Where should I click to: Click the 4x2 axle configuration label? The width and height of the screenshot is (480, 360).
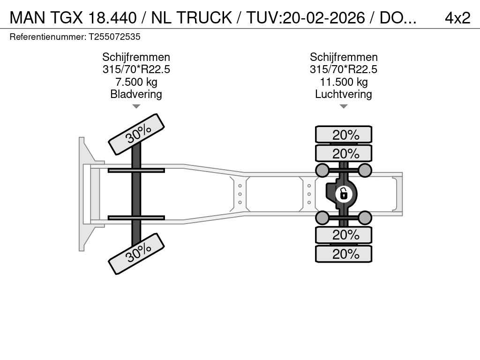(x=457, y=18)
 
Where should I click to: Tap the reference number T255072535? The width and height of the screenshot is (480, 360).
(x=114, y=37)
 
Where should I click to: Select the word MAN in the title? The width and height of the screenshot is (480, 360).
(x=28, y=18)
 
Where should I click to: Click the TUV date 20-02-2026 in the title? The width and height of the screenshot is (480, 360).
(x=324, y=18)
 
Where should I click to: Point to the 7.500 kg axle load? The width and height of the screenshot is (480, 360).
(x=136, y=82)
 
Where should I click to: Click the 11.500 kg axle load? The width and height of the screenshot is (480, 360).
(x=344, y=82)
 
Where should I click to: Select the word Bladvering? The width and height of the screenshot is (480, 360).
(x=136, y=94)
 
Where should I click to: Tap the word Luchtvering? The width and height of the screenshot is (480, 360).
(x=344, y=94)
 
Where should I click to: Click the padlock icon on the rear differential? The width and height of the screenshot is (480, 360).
(x=344, y=194)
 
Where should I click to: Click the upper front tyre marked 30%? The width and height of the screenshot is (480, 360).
(x=136, y=135)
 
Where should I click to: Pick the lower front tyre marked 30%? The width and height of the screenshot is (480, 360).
(x=136, y=254)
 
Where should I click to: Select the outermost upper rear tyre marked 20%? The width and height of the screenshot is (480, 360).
(x=344, y=135)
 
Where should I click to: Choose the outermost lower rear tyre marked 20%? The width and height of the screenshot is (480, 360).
(x=344, y=254)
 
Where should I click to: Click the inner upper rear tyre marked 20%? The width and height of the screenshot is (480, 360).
(x=344, y=153)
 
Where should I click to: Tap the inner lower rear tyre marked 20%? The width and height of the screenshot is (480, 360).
(x=344, y=235)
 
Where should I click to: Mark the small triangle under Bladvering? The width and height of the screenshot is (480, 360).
(x=136, y=106)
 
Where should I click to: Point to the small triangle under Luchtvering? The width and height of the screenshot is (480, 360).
(x=344, y=106)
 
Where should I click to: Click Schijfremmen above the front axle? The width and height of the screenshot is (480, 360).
(x=136, y=57)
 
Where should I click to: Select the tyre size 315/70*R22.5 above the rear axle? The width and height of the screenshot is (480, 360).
(x=344, y=69)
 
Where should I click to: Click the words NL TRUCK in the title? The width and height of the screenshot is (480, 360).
(x=192, y=18)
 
